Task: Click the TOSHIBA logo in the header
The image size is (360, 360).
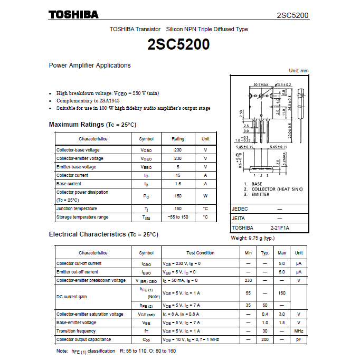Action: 73,15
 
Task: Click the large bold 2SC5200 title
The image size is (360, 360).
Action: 179,45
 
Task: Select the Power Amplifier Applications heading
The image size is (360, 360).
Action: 90,65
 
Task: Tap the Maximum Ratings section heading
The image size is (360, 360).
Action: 92,125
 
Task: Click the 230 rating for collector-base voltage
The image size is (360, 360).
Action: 178,150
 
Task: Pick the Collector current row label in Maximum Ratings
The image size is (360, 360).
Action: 72,175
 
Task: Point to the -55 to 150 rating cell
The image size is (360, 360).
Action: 178,217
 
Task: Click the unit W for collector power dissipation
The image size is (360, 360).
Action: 205,196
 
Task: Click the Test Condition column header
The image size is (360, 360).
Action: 201,253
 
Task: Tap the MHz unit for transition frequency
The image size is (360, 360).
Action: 298,331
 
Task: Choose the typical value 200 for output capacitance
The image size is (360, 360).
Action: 265,339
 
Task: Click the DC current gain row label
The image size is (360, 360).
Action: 71,297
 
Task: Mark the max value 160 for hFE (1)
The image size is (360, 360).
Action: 282,292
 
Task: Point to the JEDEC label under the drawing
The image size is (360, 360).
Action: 240,209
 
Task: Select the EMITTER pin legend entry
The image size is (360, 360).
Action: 260,194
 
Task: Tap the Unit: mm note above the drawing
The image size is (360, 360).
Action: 299,71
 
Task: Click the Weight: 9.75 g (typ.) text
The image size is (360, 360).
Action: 253,238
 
